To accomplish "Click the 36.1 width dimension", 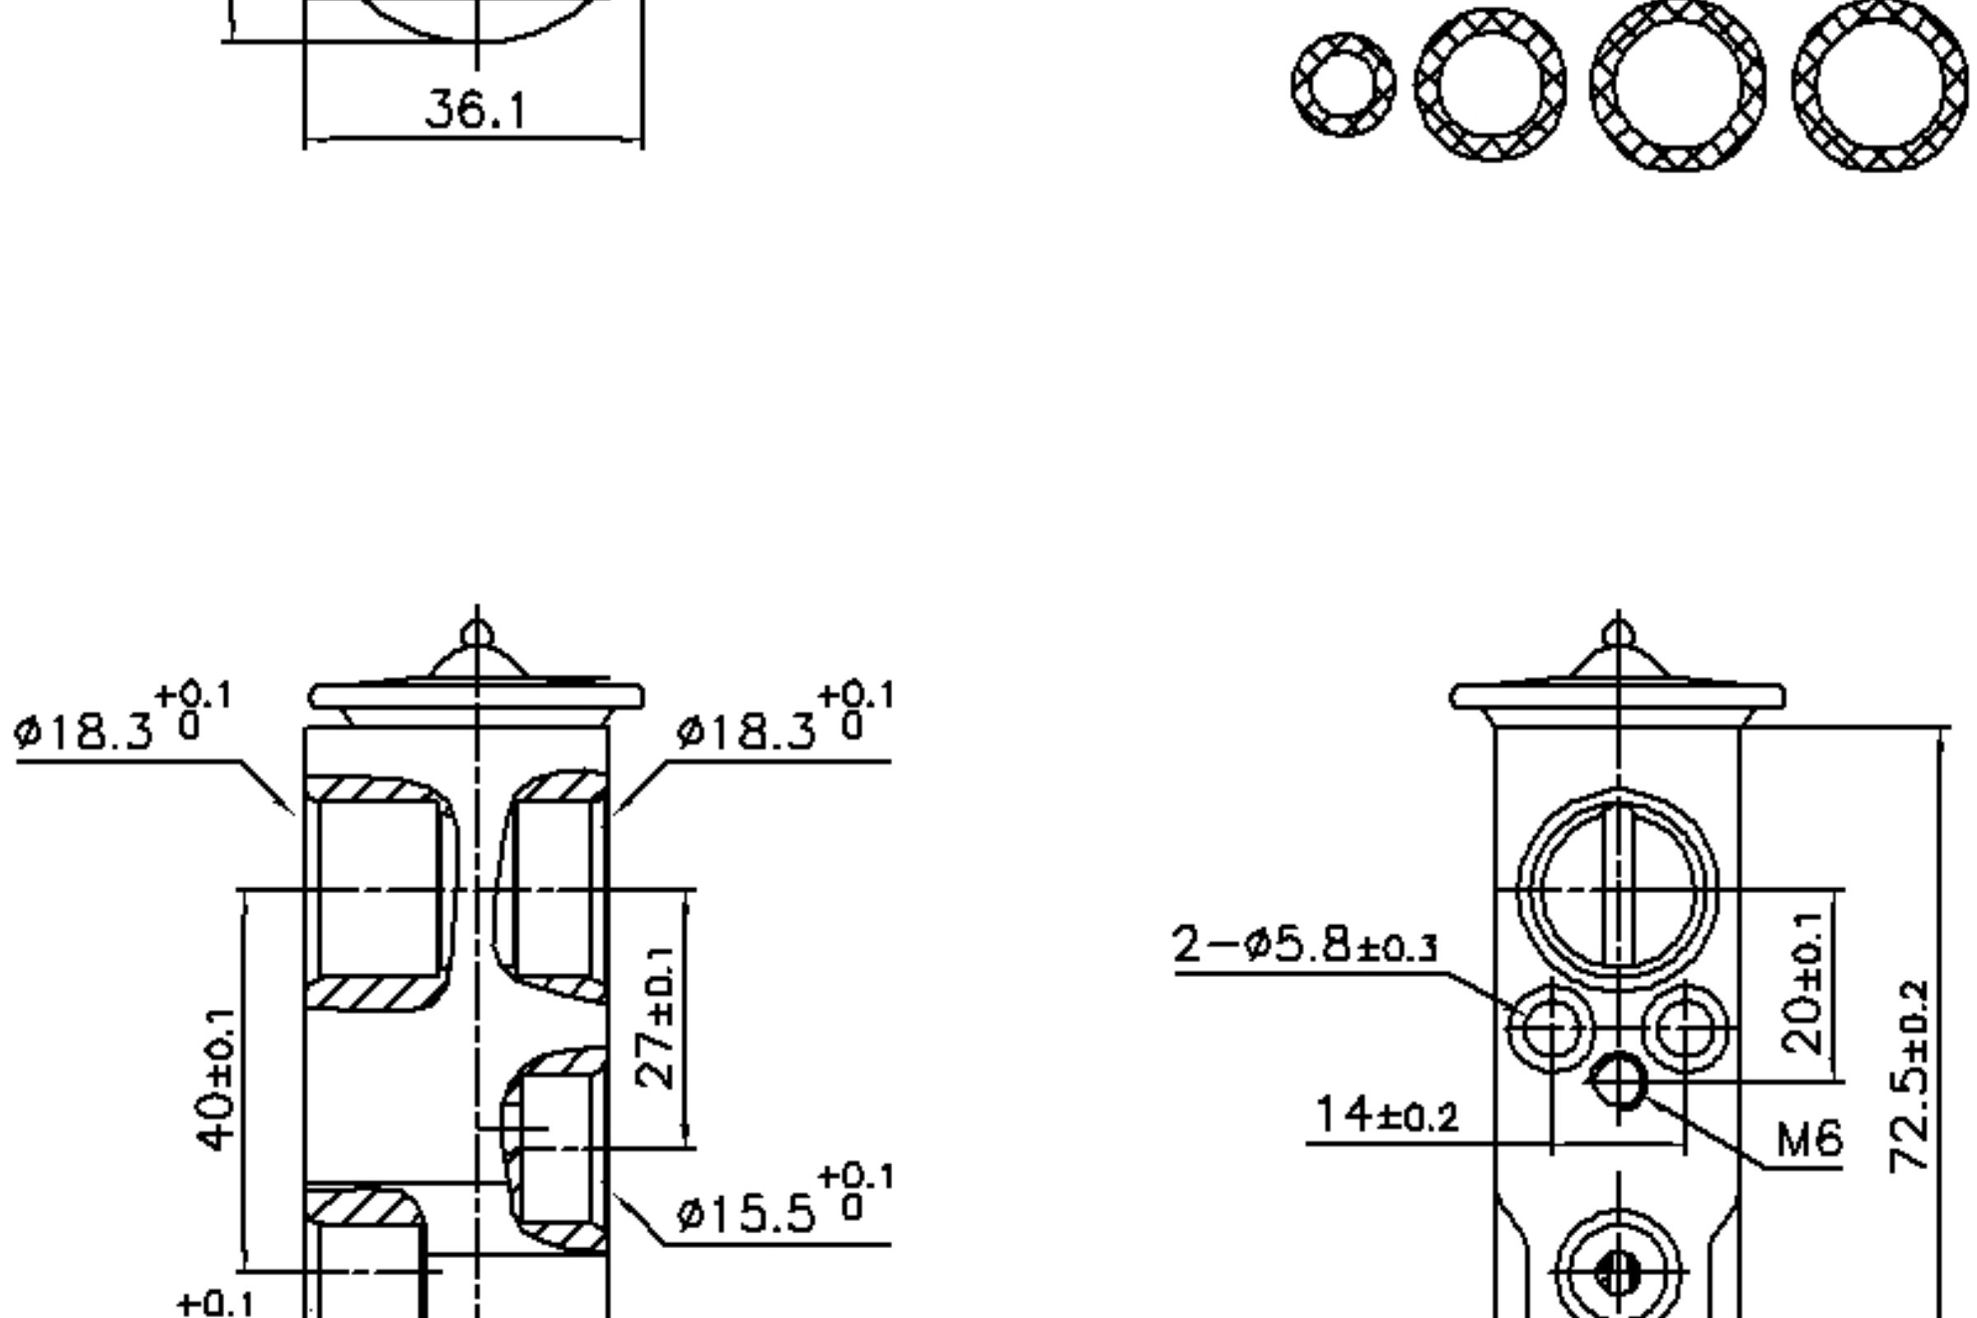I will tap(476, 110).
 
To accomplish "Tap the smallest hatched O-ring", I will tap(1344, 84).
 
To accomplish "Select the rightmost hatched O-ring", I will tap(1880, 84).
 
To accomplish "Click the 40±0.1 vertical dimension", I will tap(215, 1078).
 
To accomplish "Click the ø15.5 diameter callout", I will tap(782, 1210).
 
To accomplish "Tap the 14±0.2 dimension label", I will tap(1387, 1116).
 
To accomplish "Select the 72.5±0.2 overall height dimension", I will tap(1909, 1076).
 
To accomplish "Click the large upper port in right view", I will tap(1618, 889).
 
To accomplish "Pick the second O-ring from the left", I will tap(1490, 84).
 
